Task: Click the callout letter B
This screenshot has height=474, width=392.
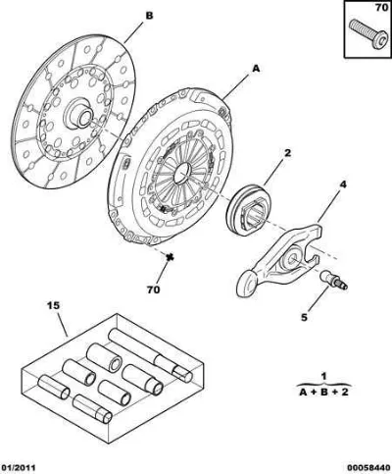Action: (x=149, y=16)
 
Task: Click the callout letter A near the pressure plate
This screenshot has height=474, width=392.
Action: (x=256, y=69)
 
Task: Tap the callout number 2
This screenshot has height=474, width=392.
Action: (x=287, y=153)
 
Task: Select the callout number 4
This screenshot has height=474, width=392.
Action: (x=343, y=184)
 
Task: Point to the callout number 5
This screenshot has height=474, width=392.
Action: (x=304, y=317)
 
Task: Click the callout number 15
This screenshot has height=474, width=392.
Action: (x=54, y=306)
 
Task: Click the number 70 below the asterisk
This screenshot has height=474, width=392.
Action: (x=153, y=290)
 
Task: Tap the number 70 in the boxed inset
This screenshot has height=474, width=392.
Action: (x=381, y=7)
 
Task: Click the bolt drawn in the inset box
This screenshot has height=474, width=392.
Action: (x=368, y=34)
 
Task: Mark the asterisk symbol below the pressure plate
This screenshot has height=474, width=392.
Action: (x=170, y=257)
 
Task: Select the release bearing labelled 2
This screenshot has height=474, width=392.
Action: (x=247, y=209)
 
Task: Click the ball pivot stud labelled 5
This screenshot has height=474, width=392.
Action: (x=333, y=281)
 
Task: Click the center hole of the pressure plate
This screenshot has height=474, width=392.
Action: (x=182, y=173)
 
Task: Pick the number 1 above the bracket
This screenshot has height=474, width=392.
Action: (x=323, y=377)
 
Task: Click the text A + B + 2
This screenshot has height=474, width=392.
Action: (x=323, y=392)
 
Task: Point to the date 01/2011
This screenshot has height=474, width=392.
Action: (x=18, y=468)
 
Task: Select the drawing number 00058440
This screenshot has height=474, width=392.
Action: (x=369, y=468)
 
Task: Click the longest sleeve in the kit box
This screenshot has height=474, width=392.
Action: (x=150, y=355)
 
